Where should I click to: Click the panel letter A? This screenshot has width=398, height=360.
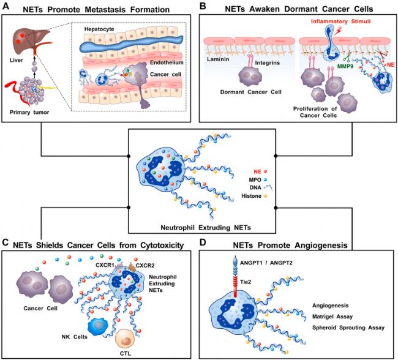tap(6, 7)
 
